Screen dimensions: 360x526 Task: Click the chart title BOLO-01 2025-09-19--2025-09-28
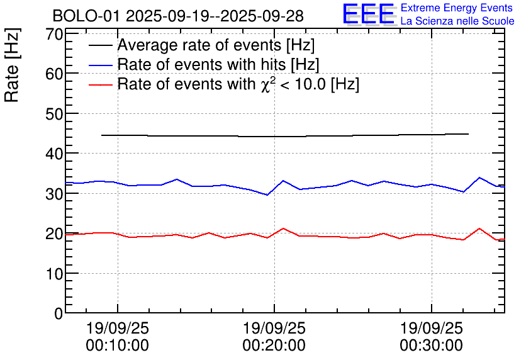click(178, 16)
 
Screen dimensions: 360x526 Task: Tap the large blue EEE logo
click(368, 14)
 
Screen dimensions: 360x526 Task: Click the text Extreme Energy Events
click(457, 8)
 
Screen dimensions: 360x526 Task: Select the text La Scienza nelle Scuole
click(457, 21)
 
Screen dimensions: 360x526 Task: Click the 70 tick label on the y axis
click(54, 34)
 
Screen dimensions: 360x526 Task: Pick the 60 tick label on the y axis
click(54, 74)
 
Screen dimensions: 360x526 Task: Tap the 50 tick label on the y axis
click(54, 114)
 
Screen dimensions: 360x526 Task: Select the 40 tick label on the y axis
click(54, 154)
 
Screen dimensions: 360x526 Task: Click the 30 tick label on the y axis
click(54, 194)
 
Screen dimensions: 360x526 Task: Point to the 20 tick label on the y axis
click(54, 233)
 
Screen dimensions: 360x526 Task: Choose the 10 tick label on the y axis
click(54, 274)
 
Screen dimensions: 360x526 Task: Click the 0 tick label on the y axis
click(59, 313)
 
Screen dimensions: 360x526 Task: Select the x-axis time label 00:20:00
click(274, 345)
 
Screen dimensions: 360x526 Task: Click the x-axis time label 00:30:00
click(431, 345)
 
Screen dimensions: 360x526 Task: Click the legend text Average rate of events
click(216, 45)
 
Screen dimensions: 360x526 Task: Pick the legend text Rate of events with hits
click(218, 64)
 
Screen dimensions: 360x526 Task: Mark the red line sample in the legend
click(101, 84)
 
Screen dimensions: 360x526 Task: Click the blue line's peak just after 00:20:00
click(283, 181)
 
